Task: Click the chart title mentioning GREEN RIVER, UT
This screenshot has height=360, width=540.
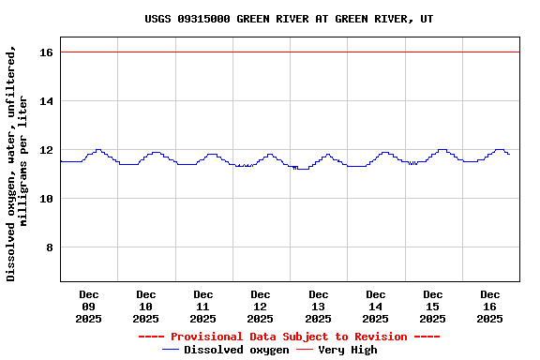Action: [289, 19]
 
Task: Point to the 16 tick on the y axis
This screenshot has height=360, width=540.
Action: [45, 52]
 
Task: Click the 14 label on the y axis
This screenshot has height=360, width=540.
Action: [45, 101]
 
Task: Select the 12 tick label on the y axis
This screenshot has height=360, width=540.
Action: [45, 150]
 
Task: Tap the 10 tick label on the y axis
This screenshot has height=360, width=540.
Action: [45, 199]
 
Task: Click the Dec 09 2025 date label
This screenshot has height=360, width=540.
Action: [89, 307]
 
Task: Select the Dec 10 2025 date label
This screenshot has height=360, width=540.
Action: [146, 307]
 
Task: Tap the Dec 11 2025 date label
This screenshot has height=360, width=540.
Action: [203, 307]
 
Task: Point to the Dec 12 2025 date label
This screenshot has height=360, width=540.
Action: [261, 307]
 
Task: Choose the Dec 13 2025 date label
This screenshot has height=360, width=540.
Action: [319, 307]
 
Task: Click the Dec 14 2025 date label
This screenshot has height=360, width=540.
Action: [376, 307]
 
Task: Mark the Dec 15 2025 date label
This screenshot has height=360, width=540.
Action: [433, 307]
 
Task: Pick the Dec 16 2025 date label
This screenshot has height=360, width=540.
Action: [490, 307]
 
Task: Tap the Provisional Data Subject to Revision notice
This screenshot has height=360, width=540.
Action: [289, 337]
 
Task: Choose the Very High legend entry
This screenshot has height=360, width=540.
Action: [348, 350]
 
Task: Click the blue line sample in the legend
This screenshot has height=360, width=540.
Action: [171, 350]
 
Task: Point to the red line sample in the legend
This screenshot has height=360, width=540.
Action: [305, 350]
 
